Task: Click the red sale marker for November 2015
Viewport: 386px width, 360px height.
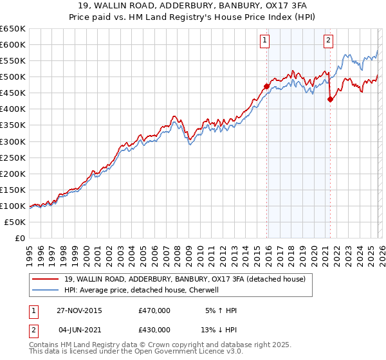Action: coord(266,86)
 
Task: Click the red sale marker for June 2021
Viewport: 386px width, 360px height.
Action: coord(330,99)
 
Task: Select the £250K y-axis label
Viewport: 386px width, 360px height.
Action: coord(13,157)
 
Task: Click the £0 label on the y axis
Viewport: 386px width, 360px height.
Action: coord(19,238)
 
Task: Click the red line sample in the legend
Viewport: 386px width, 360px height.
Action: coord(46,279)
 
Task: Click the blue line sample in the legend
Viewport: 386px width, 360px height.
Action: coord(46,290)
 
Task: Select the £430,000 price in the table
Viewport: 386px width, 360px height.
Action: coord(154,330)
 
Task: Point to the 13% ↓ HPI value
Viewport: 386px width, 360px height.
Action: coord(220,330)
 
